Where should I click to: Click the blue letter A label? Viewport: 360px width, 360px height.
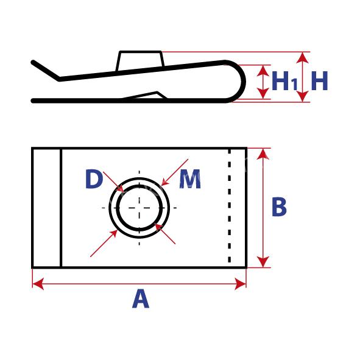(x=141, y=298)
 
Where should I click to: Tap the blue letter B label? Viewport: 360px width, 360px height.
(x=279, y=206)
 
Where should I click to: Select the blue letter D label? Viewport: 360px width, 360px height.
(x=93, y=179)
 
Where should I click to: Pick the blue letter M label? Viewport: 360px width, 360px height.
(x=190, y=179)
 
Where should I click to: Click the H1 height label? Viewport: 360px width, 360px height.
(x=284, y=81)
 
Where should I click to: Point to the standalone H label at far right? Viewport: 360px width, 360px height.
(x=319, y=81)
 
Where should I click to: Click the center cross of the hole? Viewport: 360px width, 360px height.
(x=139, y=208)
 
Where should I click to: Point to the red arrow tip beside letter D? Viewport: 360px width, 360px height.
(x=124, y=191)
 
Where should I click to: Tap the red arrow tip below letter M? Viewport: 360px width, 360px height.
(x=161, y=185)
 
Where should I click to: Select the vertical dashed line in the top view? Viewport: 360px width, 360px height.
(x=230, y=206)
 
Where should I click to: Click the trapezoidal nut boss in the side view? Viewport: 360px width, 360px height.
(x=140, y=61)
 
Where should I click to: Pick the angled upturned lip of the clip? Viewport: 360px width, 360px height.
(x=46, y=71)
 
